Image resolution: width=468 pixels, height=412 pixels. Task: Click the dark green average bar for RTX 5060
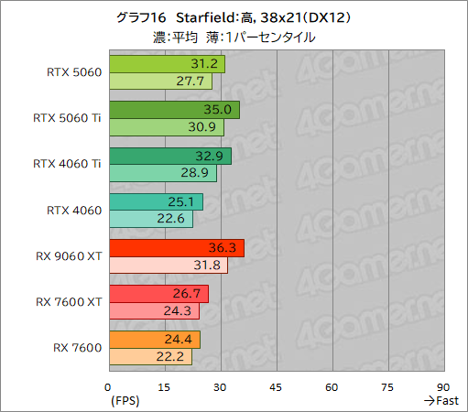point(166,64)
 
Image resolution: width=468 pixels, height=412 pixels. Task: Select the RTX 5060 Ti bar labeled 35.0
point(173,110)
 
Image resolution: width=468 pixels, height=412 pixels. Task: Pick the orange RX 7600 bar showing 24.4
point(154,340)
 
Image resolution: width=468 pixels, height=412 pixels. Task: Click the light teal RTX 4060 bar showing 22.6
point(150,219)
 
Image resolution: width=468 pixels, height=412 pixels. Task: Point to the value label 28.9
point(201,173)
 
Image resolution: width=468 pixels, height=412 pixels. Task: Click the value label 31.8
point(212,266)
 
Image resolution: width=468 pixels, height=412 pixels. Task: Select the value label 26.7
point(191,294)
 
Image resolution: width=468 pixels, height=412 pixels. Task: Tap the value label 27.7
point(196,81)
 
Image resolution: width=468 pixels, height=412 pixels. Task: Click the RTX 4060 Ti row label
point(67,164)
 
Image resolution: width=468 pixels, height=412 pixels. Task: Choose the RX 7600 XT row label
point(69,301)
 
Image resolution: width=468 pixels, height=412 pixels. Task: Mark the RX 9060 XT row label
point(69,255)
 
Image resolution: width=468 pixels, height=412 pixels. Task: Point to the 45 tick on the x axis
point(277,386)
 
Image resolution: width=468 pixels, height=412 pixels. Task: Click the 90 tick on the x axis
point(444,386)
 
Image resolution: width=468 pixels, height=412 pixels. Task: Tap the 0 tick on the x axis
point(109,386)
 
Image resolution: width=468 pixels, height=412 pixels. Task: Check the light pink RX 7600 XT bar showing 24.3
point(153,311)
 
